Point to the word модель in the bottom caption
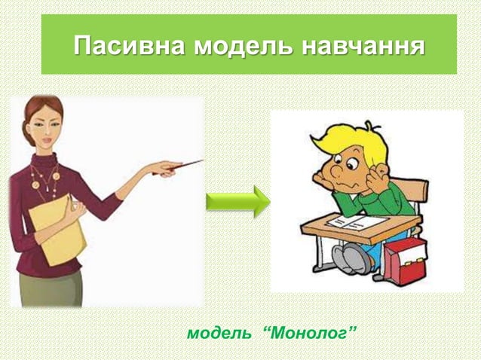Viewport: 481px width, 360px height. coord(219,332)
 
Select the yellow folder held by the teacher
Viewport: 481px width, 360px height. coord(57,226)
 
